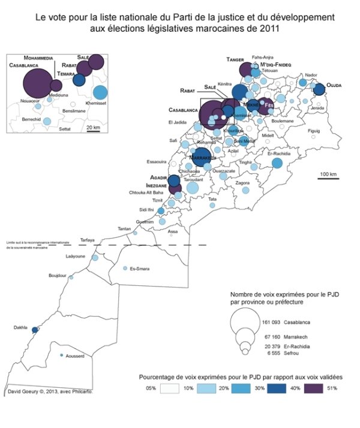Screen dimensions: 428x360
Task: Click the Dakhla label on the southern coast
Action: (21, 327)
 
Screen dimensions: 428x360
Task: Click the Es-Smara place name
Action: (140, 269)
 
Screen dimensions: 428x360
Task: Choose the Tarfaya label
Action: (88, 240)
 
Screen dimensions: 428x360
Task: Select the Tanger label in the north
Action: (235, 59)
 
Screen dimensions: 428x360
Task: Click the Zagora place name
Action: (242, 183)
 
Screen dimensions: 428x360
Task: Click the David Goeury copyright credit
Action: (51, 393)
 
